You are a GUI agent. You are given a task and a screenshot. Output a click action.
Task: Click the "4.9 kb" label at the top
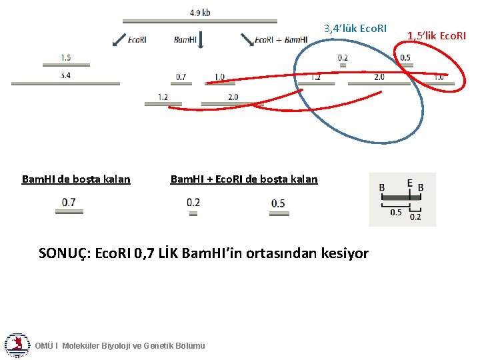(200, 13)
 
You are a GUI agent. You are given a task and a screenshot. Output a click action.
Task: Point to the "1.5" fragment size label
(65, 58)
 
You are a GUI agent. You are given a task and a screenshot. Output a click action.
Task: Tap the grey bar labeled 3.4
(65, 83)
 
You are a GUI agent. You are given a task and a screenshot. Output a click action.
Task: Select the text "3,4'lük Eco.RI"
(355, 29)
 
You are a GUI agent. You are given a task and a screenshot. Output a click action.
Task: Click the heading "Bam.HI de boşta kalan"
(76, 179)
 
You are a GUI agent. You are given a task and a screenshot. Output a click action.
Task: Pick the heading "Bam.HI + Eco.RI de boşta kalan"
(244, 179)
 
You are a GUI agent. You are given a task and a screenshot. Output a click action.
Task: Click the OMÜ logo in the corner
(17, 344)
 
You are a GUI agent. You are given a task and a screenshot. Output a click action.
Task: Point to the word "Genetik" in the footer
(158, 345)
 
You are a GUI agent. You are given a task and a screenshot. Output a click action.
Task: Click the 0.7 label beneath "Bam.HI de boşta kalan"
(69, 201)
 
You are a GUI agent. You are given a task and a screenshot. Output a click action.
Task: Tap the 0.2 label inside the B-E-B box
(415, 217)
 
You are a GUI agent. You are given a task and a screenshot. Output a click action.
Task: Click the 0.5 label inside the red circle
(405, 58)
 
